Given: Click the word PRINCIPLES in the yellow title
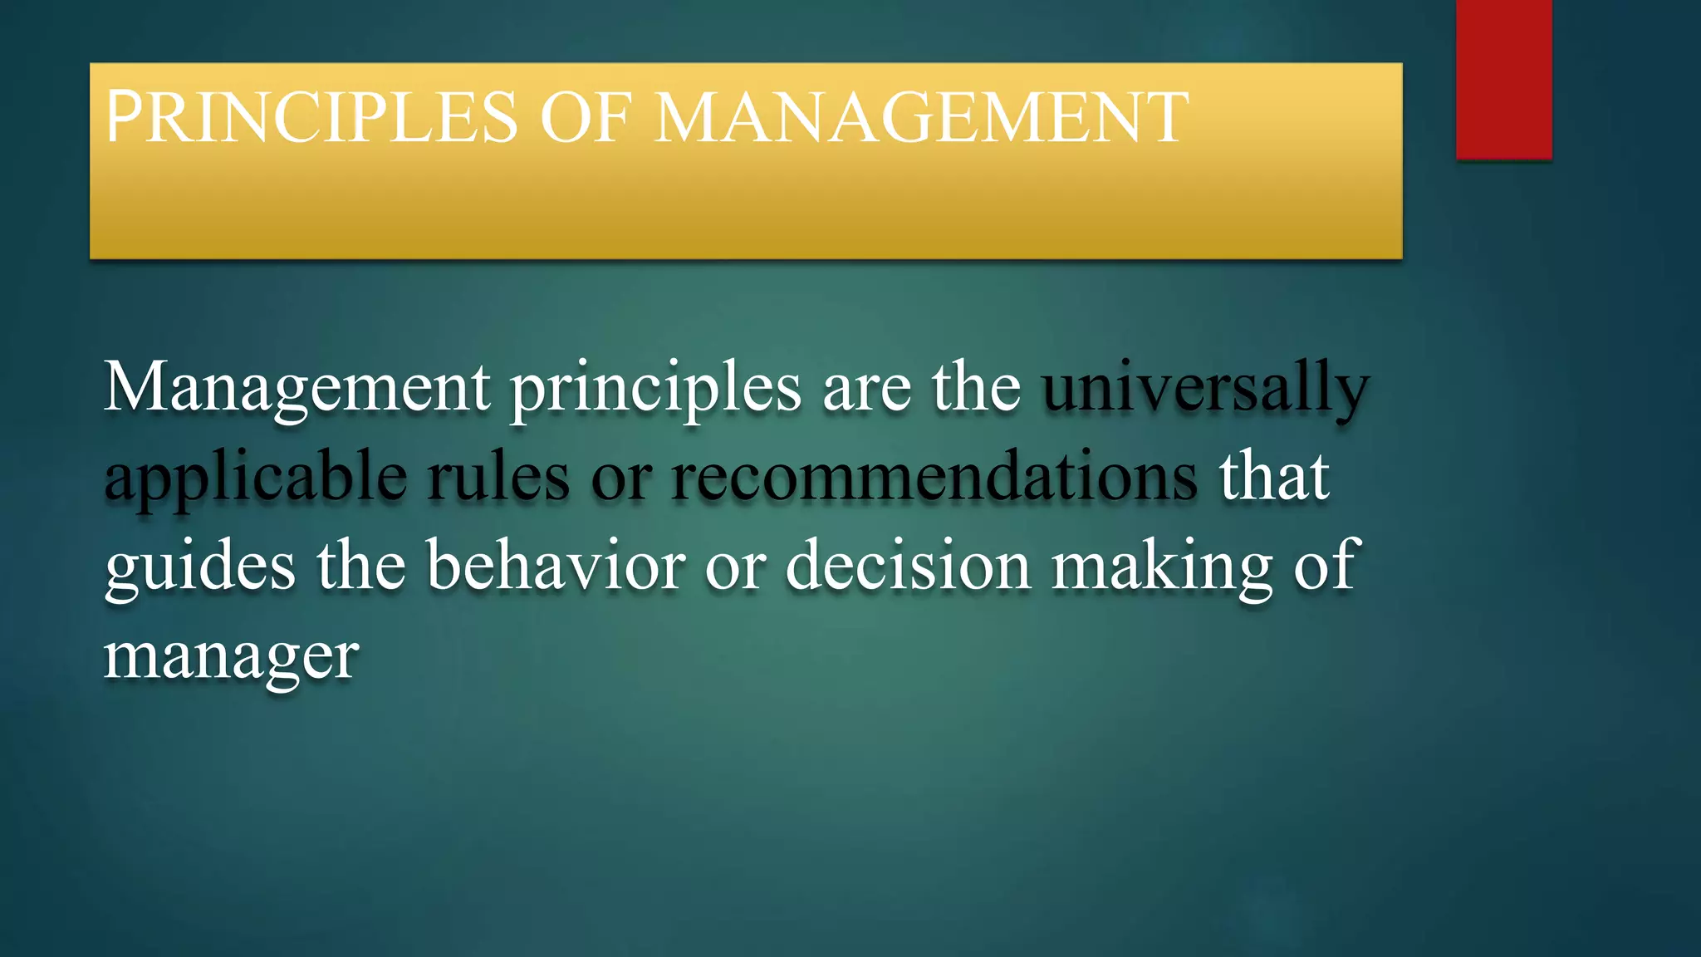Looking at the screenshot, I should coord(311,117).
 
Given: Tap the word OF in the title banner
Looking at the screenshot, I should coord(586,117).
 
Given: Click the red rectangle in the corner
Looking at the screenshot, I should coord(1503,79).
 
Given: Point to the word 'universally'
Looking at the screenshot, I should coord(1205,389).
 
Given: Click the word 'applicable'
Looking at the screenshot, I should coord(256,479).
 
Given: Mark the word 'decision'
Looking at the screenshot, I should coord(908,567).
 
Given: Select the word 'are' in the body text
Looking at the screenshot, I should coord(866,389).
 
